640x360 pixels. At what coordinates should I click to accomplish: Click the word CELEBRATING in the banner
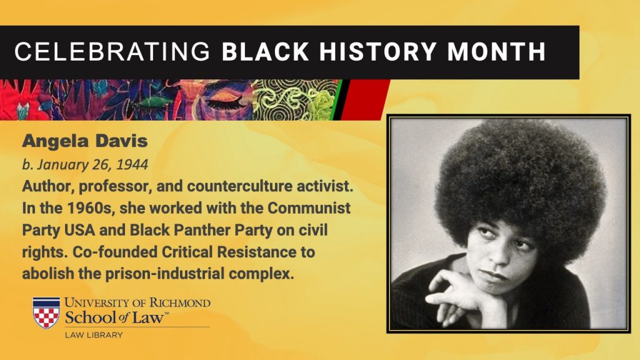coord(112,51)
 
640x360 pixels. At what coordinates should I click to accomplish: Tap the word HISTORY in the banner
coord(378,51)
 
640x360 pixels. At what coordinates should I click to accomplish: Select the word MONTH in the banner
coord(496,51)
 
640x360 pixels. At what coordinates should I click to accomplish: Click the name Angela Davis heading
coord(85,141)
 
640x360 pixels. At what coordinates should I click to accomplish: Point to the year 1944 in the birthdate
coord(132,164)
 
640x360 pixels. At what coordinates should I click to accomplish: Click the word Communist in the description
coord(309,207)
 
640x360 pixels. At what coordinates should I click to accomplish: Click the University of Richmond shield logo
coord(46,312)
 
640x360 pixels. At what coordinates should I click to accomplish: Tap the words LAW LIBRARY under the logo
coord(94,335)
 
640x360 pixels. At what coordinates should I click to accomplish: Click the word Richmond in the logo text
coord(179,303)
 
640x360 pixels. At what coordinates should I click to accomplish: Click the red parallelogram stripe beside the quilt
coord(364,100)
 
